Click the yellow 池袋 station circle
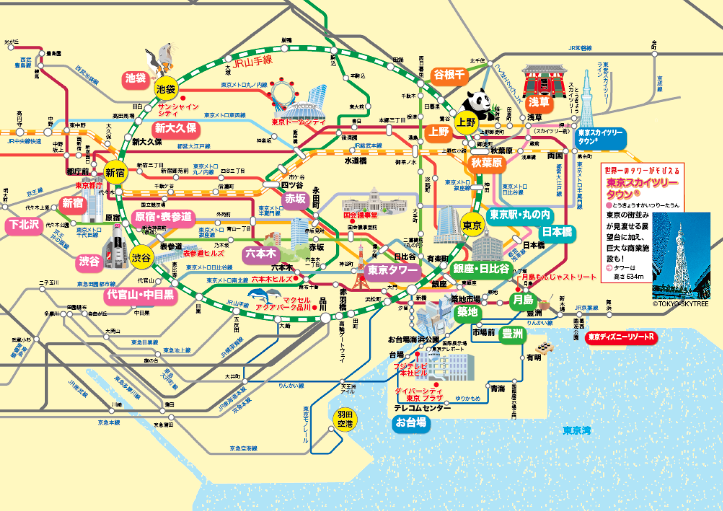tap(166, 89)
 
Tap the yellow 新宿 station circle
tap(115, 173)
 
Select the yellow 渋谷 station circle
tap(141, 257)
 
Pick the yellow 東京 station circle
tap(472, 225)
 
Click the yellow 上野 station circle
tap(466, 122)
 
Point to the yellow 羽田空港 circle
tap(345, 420)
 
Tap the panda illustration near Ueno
tap(478, 103)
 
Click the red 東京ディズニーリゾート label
tap(621, 337)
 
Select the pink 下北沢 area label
tap(24, 224)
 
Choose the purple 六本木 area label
tap(261, 254)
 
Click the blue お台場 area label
tap(411, 423)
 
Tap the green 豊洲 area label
tap(513, 334)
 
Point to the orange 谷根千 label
tap(449, 75)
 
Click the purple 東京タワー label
tap(392, 270)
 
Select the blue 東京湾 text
tap(577, 430)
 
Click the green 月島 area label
tap(523, 299)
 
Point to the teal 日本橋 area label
tap(557, 232)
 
